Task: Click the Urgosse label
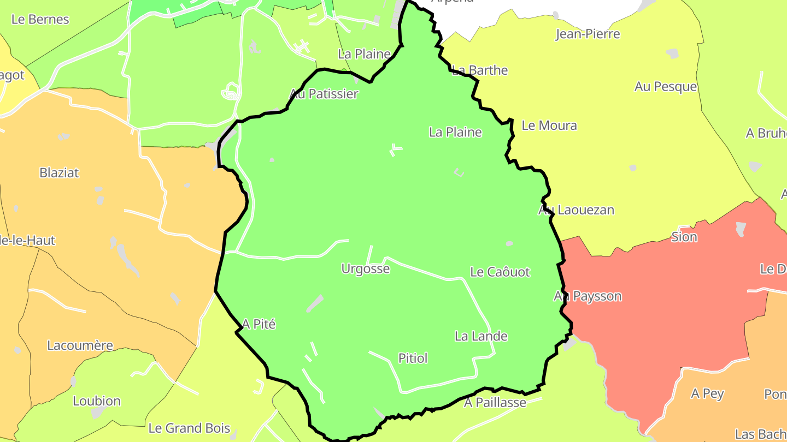pyautogui.click(x=365, y=268)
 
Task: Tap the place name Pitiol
pyautogui.click(x=413, y=359)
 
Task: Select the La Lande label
pyautogui.click(x=481, y=336)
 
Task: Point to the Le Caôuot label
pyautogui.click(x=500, y=272)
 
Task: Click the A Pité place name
pyautogui.click(x=259, y=324)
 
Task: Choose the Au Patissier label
pyautogui.click(x=324, y=94)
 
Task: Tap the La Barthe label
pyautogui.click(x=480, y=70)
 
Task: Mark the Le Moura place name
pyautogui.click(x=549, y=126)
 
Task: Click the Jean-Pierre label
pyautogui.click(x=588, y=34)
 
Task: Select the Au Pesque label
pyautogui.click(x=666, y=86)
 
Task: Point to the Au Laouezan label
pyautogui.click(x=576, y=210)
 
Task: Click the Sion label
pyautogui.click(x=684, y=237)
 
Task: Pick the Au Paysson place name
pyautogui.click(x=588, y=296)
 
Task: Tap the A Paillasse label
pyautogui.click(x=495, y=403)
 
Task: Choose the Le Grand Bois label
pyautogui.click(x=189, y=428)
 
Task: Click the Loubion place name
pyautogui.click(x=97, y=401)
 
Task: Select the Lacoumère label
pyautogui.click(x=80, y=345)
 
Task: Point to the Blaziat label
pyautogui.click(x=59, y=173)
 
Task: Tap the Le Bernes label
pyautogui.click(x=40, y=20)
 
